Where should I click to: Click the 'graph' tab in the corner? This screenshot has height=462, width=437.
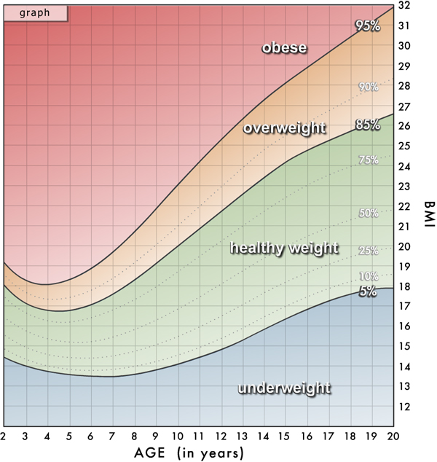[x=35, y=12]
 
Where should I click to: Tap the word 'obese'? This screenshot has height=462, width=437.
[x=284, y=48]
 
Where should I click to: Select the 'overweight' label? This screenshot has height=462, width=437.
[x=284, y=128]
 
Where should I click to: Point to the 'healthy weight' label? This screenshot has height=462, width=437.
[x=284, y=248]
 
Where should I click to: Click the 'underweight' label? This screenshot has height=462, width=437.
[x=284, y=388]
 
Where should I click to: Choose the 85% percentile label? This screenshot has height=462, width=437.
[x=368, y=125]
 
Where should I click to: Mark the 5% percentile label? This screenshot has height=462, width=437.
[x=368, y=291]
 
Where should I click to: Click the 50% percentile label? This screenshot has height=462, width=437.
[x=368, y=214]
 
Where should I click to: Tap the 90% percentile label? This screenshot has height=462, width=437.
[x=368, y=87]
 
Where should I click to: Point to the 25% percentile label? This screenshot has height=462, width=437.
[x=368, y=251]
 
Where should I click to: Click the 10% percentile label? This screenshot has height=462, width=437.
[x=368, y=276]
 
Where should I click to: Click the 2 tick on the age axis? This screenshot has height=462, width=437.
[x=4, y=436]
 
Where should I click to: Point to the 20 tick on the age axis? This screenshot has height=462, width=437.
[x=393, y=436]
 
